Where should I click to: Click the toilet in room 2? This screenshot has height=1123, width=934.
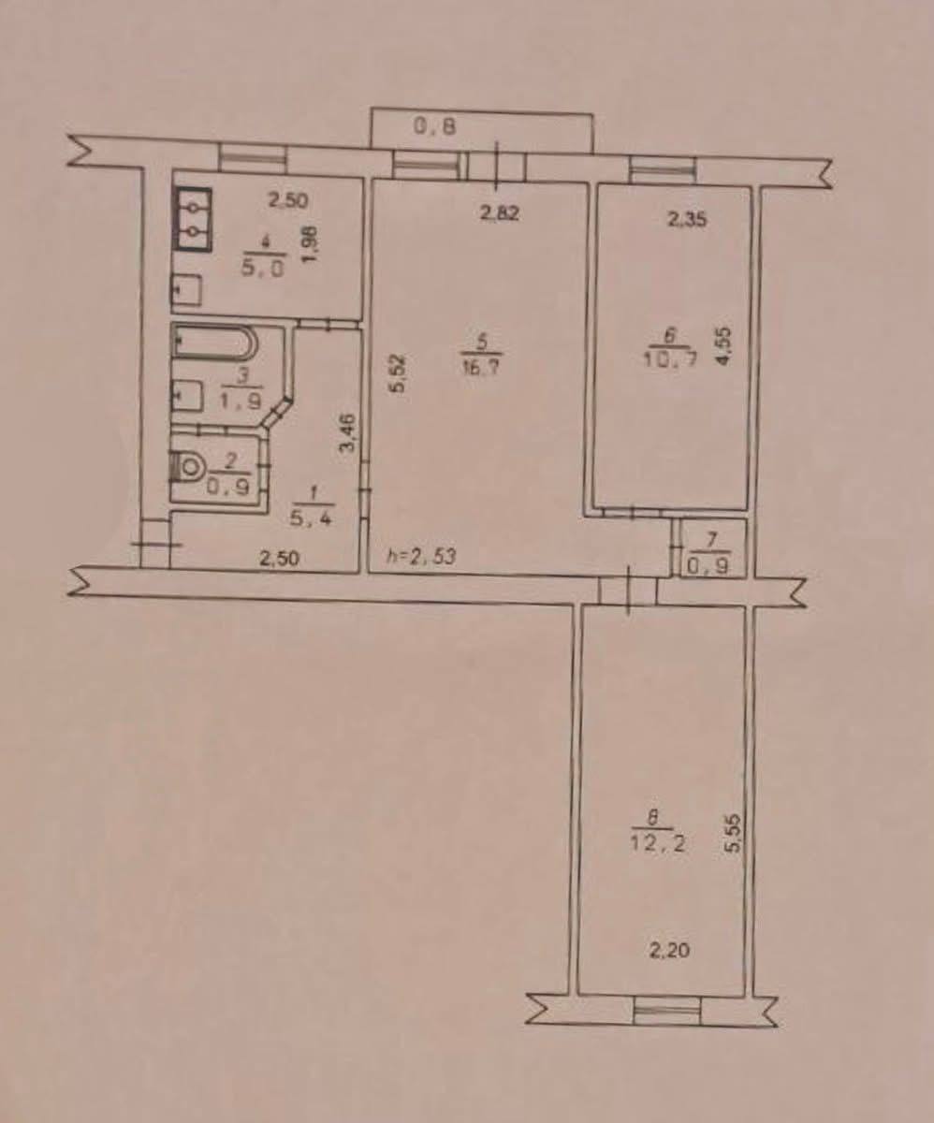coord(185,467)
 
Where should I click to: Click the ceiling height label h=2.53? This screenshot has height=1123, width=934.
coord(421,557)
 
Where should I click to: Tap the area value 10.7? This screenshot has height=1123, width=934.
coord(670,358)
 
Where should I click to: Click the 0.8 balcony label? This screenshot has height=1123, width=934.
coord(435,127)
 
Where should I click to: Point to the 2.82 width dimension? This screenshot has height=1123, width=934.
coord(499,213)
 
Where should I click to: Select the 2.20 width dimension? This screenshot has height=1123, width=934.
coord(669,951)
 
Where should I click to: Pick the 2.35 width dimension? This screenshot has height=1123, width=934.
coord(687,219)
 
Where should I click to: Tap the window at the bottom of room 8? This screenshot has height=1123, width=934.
coord(667,1013)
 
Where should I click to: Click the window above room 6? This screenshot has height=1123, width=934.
coord(663,171)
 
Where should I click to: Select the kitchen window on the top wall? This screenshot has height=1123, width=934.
coord(253,158)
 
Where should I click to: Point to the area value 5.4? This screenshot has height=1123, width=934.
coord(312,519)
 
